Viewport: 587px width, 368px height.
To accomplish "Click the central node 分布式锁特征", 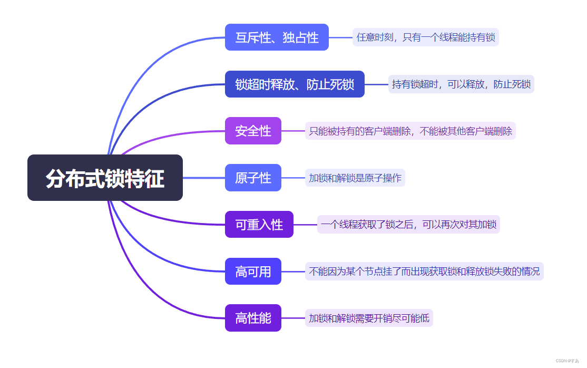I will coord(105,178).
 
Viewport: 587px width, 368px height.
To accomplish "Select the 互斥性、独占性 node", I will coord(277,37).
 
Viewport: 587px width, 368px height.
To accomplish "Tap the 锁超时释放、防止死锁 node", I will coord(295,84).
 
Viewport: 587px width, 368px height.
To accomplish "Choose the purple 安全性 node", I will coord(253,131).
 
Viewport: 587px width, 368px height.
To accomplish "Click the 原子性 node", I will coord(253,178).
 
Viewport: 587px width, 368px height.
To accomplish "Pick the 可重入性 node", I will coord(259,225).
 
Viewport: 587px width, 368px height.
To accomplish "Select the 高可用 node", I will coord(253,272).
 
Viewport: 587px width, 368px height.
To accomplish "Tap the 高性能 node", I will coord(253,318).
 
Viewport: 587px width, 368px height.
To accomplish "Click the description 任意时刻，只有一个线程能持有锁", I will coord(425,37).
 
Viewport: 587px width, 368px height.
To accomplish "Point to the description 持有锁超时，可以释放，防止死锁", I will coord(461,84).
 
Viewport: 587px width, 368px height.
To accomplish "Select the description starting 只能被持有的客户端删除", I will coord(410,131).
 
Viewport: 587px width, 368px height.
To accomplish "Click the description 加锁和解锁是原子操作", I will coord(355,178).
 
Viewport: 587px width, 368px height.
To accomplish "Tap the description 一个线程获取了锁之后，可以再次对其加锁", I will coord(408,225).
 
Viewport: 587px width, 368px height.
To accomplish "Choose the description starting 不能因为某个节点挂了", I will coord(424,272).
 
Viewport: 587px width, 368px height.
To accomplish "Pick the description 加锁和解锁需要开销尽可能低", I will coord(369,318).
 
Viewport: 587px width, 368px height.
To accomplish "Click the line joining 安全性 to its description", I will coord(293,131).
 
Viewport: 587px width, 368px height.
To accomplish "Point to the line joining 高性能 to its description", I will coord(293,318).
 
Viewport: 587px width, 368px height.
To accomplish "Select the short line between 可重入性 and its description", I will coord(305,225).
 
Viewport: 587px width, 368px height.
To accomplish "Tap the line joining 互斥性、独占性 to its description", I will coord(340,37).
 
